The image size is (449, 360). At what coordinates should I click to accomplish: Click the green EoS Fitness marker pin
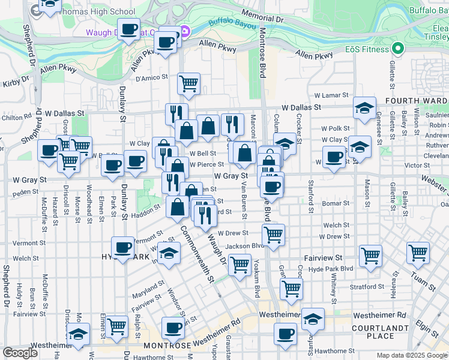396,49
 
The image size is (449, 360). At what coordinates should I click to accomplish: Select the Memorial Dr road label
262,16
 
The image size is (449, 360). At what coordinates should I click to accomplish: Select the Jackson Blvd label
244,246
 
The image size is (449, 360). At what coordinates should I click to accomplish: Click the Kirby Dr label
16,82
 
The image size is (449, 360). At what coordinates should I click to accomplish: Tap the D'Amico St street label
149,78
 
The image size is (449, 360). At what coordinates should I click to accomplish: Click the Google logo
20,353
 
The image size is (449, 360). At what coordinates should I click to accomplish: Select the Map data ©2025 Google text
412,355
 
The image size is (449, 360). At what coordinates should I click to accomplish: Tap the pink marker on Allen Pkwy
185,31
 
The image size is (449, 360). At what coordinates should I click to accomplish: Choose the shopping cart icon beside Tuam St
418,253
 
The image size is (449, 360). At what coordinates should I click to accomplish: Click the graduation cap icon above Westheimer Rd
313,319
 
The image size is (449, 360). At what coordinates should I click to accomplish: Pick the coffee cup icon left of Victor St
334,157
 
